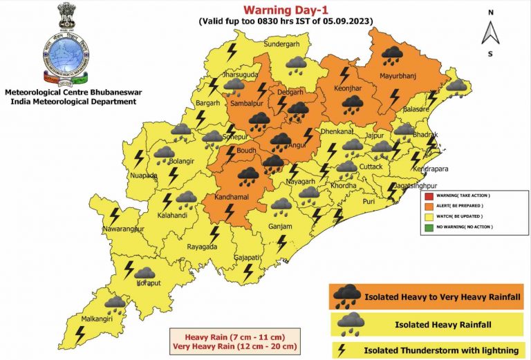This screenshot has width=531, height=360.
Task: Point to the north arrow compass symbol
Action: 490,32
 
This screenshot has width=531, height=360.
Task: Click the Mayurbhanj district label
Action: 400,75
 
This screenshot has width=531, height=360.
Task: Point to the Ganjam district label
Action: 281,227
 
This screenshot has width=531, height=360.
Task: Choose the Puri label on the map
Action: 369,201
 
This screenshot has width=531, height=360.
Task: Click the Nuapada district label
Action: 144,176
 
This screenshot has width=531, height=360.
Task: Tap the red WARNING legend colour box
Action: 430,196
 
